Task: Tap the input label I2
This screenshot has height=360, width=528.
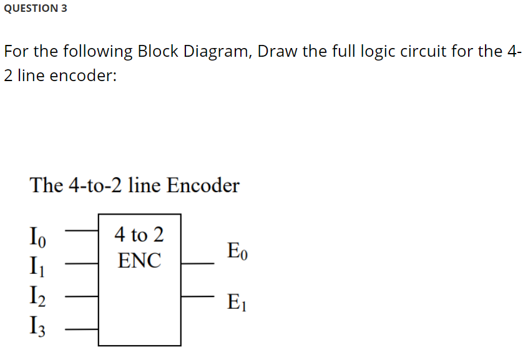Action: click(37, 295)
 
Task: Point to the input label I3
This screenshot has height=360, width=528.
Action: click(37, 325)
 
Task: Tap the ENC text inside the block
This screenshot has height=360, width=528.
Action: click(139, 260)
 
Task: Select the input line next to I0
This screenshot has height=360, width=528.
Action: click(82, 230)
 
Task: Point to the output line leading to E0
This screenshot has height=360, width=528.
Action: click(198, 263)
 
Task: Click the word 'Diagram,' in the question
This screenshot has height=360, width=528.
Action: click(217, 51)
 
